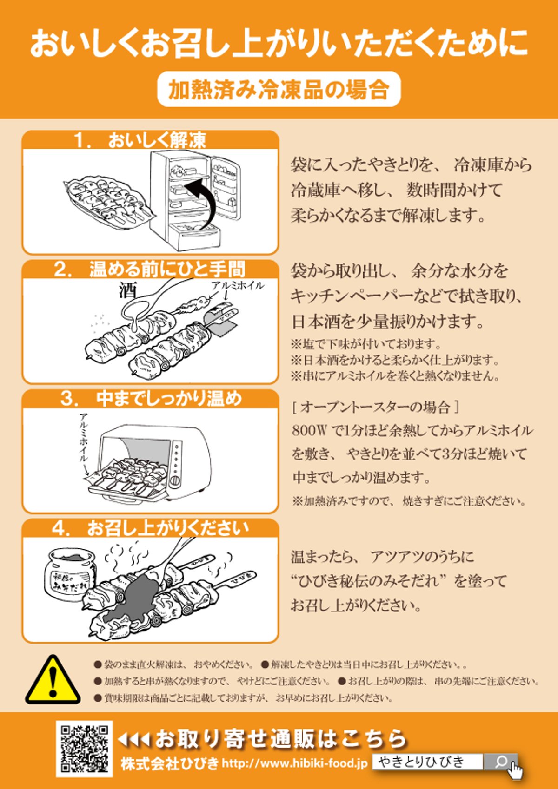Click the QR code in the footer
click(84, 749)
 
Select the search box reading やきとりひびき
click(427, 762)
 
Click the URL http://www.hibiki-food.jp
click(294, 763)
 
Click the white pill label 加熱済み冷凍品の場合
click(279, 89)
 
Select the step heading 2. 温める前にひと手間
click(150, 269)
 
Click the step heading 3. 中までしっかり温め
click(150, 399)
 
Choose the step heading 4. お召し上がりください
click(150, 528)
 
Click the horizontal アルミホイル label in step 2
click(237, 285)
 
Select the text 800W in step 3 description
click(310, 430)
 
